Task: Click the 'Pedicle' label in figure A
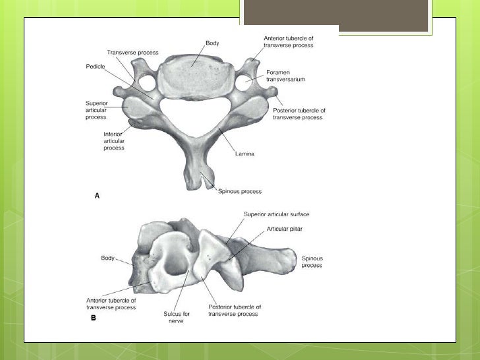[x=95, y=67]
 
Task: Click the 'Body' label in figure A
[x=212, y=43]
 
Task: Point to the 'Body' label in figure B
[x=107, y=258]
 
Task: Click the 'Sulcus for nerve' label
[x=177, y=317]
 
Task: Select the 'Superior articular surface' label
[x=276, y=214]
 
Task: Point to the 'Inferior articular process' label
[x=113, y=140]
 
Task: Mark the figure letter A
[x=98, y=196]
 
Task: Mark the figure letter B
[x=94, y=318]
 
